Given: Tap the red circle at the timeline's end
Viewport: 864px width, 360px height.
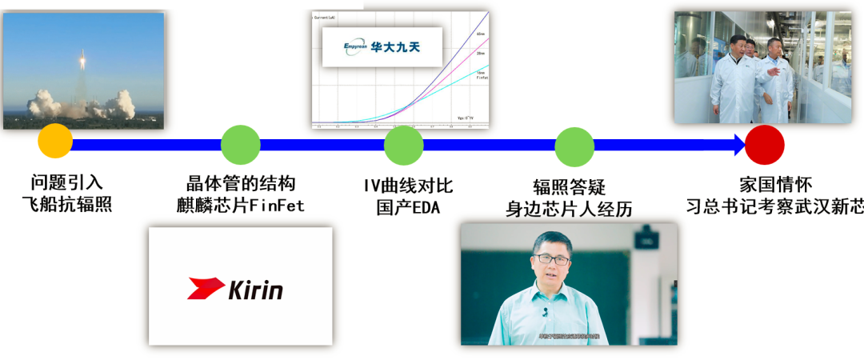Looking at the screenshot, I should pos(764,145).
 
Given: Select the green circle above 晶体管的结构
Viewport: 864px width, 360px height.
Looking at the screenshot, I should pos(240,145).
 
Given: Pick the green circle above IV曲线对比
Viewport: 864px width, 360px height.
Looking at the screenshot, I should pos(403,145).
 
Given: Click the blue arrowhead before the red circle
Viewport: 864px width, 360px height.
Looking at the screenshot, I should pos(738,145).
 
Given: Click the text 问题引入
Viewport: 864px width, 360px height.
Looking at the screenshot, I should pos(67,183).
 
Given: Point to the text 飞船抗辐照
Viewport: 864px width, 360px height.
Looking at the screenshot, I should pos(67,205).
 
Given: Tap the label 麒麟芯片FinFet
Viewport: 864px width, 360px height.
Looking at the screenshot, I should pos(241,206).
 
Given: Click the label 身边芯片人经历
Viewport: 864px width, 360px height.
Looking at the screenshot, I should pos(569,209).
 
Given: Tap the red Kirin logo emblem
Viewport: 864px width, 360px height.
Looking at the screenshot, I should pos(206,288).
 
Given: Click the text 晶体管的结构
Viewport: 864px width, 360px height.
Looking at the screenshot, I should pos(241,183).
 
